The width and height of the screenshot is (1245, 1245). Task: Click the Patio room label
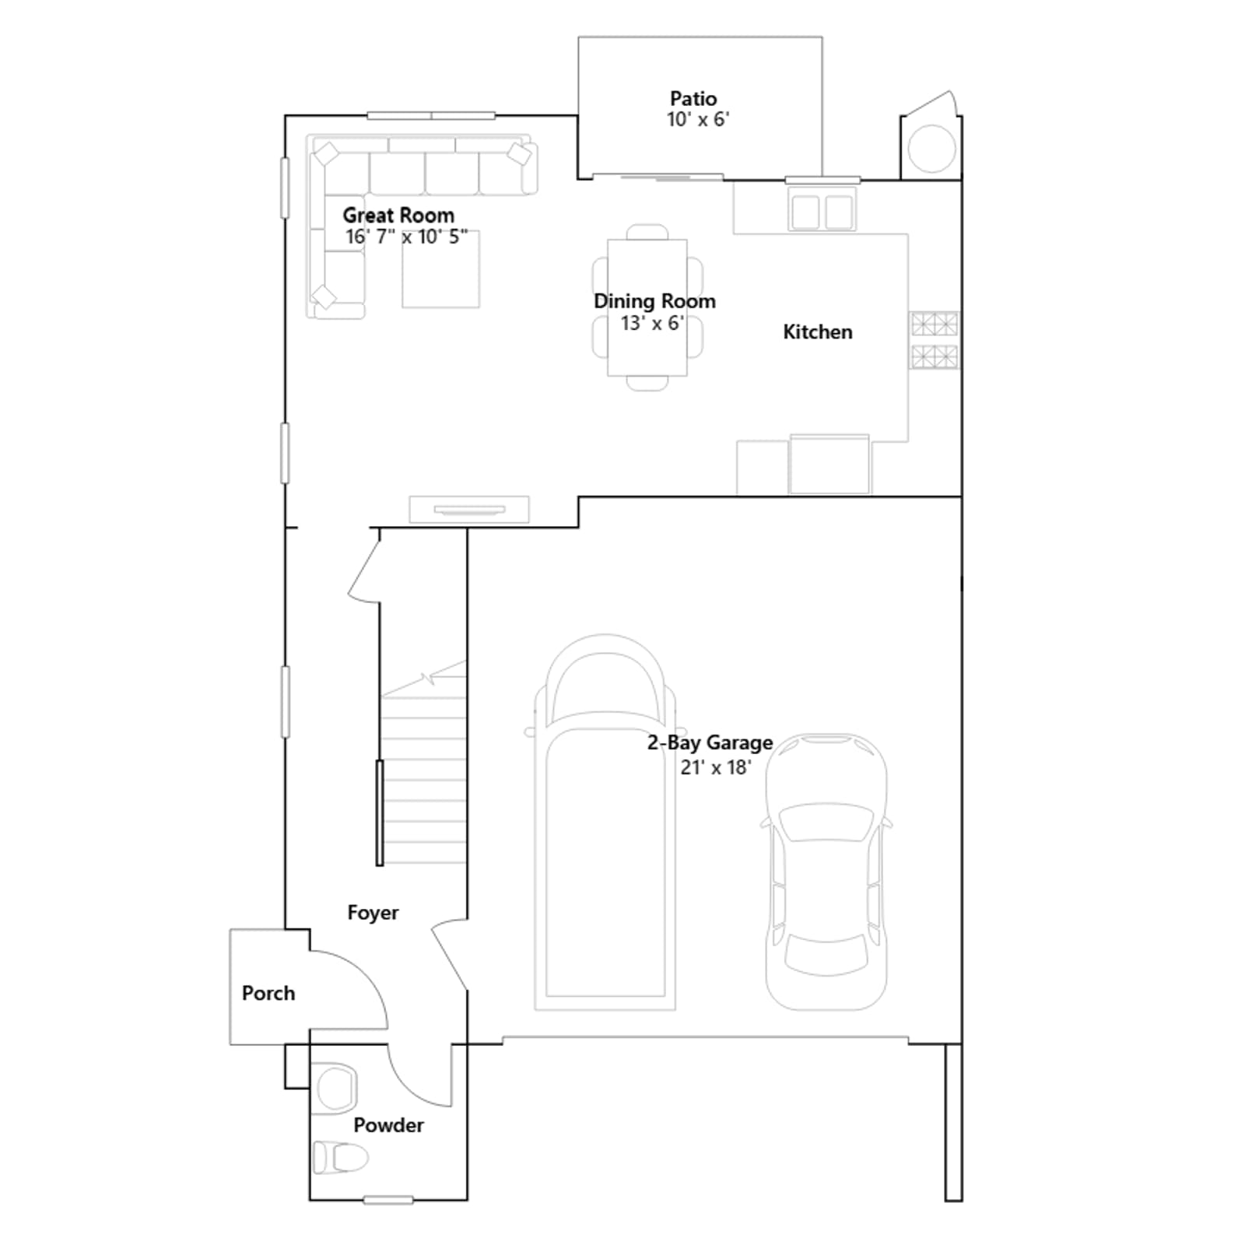pos(693,99)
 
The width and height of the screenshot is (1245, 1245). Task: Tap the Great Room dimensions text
pos(406,237)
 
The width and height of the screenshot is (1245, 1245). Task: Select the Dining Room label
pos(654,301)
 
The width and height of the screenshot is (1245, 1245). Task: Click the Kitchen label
pos(818,332)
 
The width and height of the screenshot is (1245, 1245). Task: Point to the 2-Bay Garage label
pos(710,743)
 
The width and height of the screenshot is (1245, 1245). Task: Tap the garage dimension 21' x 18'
pos(716,767)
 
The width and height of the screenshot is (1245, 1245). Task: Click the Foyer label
pos(373,913)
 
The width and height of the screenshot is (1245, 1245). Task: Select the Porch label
pos(268,994)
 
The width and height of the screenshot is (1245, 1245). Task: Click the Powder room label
pos(388,1125)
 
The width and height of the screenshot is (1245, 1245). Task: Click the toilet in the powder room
pos(340,1157)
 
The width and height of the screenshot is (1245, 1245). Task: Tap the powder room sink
pos(335,1087)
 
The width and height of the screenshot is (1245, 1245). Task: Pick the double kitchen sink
pos(822,210)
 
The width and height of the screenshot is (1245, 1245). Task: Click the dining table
pos(647,307)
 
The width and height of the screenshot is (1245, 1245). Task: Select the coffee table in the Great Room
pos(440,269)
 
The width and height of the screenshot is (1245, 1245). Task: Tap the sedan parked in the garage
pos(826,871)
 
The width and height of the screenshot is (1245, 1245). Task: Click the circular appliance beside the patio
pos(931,149)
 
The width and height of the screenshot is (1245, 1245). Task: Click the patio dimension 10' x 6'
pos(698,120)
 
